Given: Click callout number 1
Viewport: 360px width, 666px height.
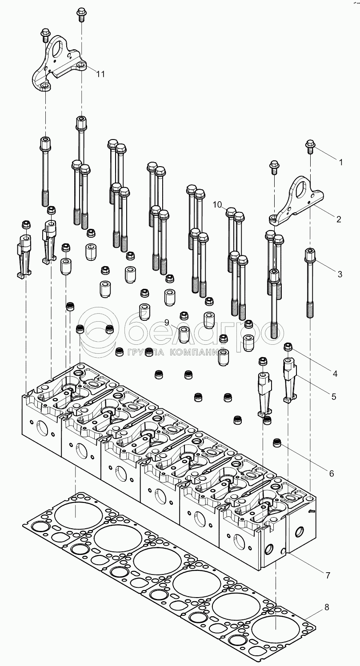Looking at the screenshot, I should [x=340, y=163].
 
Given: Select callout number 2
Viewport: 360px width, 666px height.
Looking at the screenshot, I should [x=339, y=219].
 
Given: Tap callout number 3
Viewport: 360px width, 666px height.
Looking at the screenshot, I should [x=340, y=274].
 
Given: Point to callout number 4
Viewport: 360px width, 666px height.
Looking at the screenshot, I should [x=335, y=374].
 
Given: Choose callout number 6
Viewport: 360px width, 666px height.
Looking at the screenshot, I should [x=332, y=474].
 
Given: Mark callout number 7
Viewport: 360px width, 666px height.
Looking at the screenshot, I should [x=328, y=575].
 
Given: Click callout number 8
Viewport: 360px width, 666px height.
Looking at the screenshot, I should [x=327, y=607].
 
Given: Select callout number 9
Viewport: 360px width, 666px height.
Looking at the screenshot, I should [x=167, y=322].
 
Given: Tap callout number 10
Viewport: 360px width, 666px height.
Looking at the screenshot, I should [x=217, y=204].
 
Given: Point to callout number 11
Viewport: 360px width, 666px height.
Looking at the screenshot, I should [x=101, y=74].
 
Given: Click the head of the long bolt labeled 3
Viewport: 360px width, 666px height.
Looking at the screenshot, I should [x=310, y=255].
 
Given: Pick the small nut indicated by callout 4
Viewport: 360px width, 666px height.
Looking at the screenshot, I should [x=288, y=347].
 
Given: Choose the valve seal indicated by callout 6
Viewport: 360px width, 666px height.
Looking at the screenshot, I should [x=278, y=443].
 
